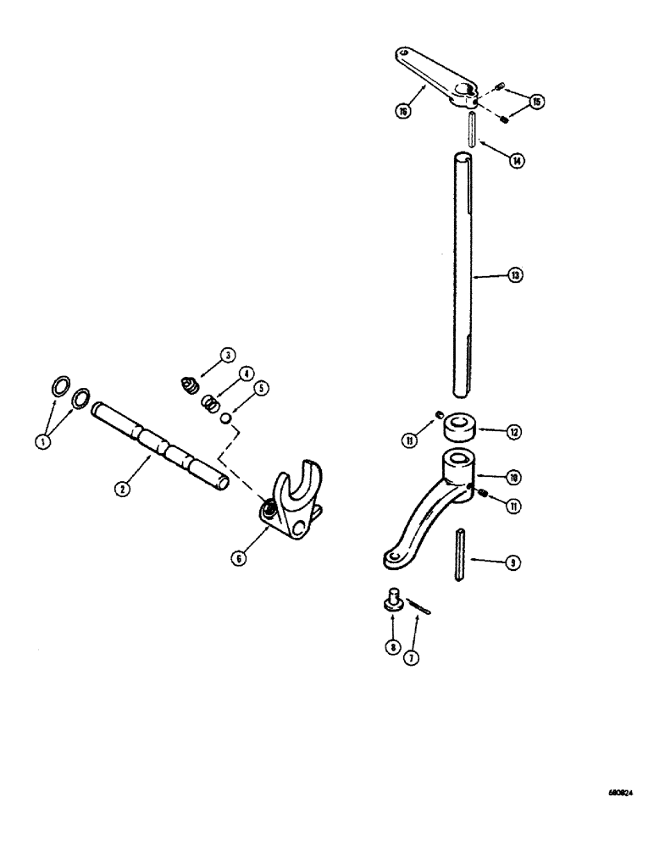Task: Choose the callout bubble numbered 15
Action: [x=535, y=102]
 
